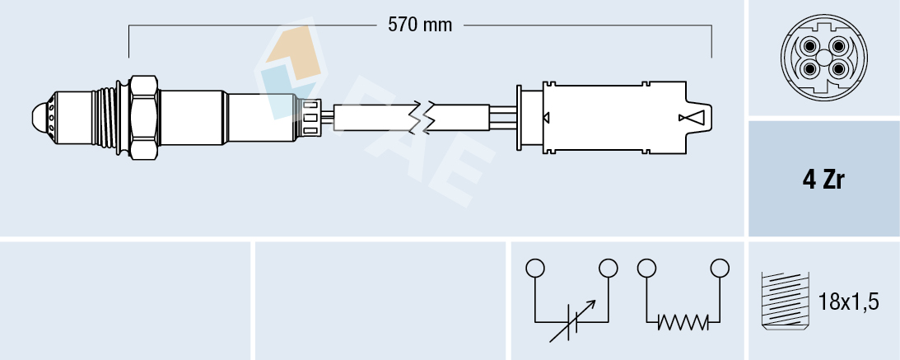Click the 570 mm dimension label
click(420, 25)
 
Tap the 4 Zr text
click(823, 180)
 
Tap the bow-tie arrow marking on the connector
click(692, 118)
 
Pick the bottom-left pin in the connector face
click(810, 69)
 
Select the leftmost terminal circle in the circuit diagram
click(535, 268)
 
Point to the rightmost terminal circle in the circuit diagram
click(720, 268)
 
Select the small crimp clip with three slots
click(311, 116)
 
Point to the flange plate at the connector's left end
click(519, 117)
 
